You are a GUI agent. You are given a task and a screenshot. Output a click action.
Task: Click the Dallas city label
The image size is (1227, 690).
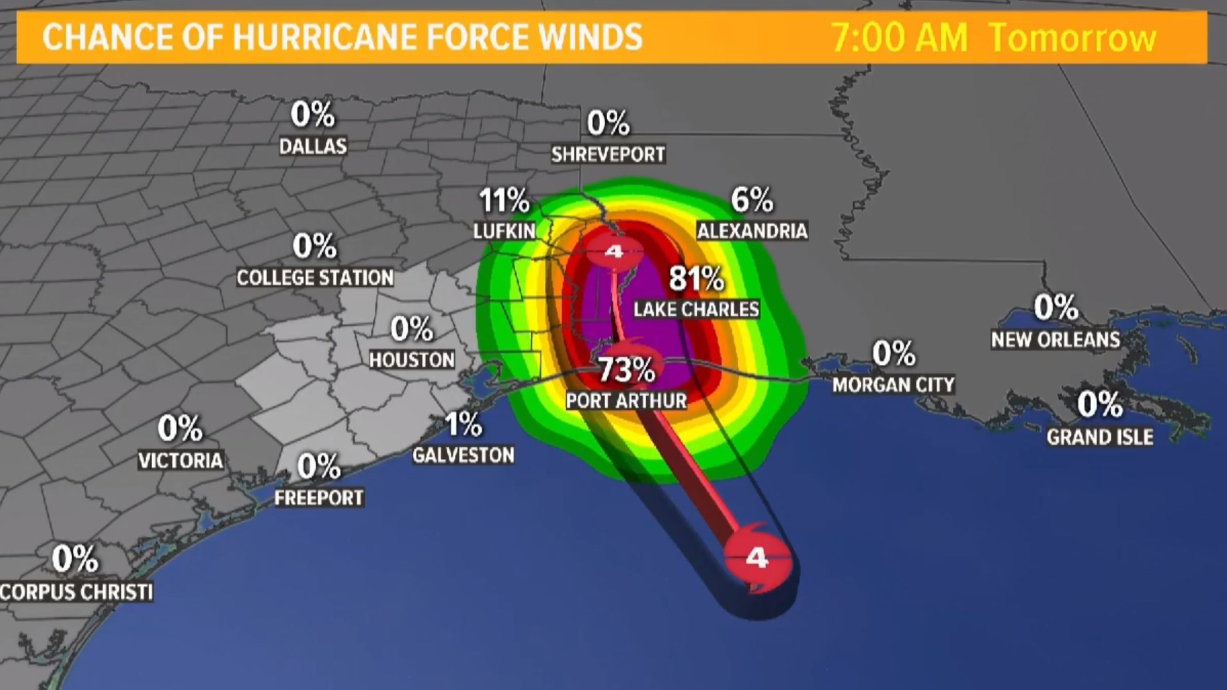(x=313, y=146)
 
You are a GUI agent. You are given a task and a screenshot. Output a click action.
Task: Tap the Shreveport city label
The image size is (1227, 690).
(x=608, y=154)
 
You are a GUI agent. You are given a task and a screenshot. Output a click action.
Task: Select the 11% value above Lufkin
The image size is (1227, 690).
(x=504, y=201)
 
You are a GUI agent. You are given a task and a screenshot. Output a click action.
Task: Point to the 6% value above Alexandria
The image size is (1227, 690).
(x=752, y=200)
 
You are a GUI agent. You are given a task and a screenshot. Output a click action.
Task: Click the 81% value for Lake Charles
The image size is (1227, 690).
(x=696, y=279)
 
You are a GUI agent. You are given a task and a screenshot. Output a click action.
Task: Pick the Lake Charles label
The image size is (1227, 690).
(x=696, y=309)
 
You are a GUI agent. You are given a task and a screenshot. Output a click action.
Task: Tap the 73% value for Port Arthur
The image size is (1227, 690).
(x=626, y=369)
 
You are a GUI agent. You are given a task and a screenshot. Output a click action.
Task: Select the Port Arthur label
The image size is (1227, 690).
(x=626, y=401)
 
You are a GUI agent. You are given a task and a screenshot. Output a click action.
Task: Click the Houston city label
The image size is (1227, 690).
(x=412, y=360)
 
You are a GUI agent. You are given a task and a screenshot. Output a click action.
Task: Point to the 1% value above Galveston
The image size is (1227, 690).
(x=463, y=424)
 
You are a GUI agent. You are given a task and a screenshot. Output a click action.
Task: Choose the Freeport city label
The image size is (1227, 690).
(x=319, y=498)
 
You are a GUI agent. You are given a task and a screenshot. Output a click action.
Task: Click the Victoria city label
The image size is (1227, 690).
(x=181, y=460)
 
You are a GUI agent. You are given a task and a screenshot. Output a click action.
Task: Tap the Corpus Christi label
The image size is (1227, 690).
(x=77, y=592)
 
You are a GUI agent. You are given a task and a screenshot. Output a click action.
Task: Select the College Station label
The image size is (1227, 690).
(x=315, y=277)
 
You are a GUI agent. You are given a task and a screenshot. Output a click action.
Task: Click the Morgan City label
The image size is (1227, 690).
(x=893, y=385)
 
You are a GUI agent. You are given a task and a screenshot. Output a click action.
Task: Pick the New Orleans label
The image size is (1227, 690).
(x=1056, y=339)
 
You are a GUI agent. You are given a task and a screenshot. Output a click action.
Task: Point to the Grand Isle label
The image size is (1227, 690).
(x=1100, y=437)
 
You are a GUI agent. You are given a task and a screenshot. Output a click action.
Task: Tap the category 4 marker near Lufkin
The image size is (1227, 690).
(x=614, y=251)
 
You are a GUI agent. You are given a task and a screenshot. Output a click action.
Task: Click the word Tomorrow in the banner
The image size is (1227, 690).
(x=1072, y=38)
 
